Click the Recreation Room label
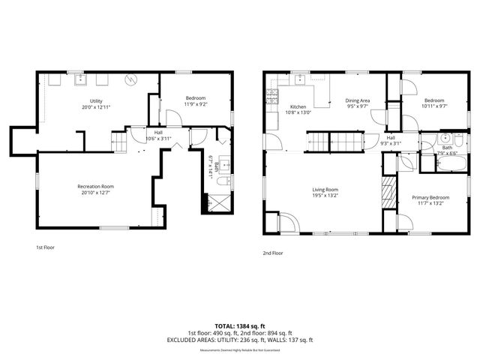pyautogui.click(x=95, y=186)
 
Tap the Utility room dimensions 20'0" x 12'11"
pyautogui.click(x=96, y=106)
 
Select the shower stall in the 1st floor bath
pyautogui.click(x=218, y=202)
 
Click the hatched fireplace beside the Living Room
pyautogui.click(x=388, y=192)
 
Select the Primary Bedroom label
pyautogui.click(x=430, y=197)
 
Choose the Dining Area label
pyautogui.click(x=358, y=100)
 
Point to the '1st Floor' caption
pyautogui.click(x=46, y=247)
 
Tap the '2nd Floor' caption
pyautogui.click(x=273, y=253)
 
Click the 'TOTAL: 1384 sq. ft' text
pyautogui.click(x=239, y=325)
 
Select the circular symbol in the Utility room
pyautogui.click(x=130, y=77)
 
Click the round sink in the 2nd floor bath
pyautogui.click(x=445, y=139)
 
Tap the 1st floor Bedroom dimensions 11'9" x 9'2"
pyautogui.click(x=195, y=104)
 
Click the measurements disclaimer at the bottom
pyautogui.click(x=239, y=350)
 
